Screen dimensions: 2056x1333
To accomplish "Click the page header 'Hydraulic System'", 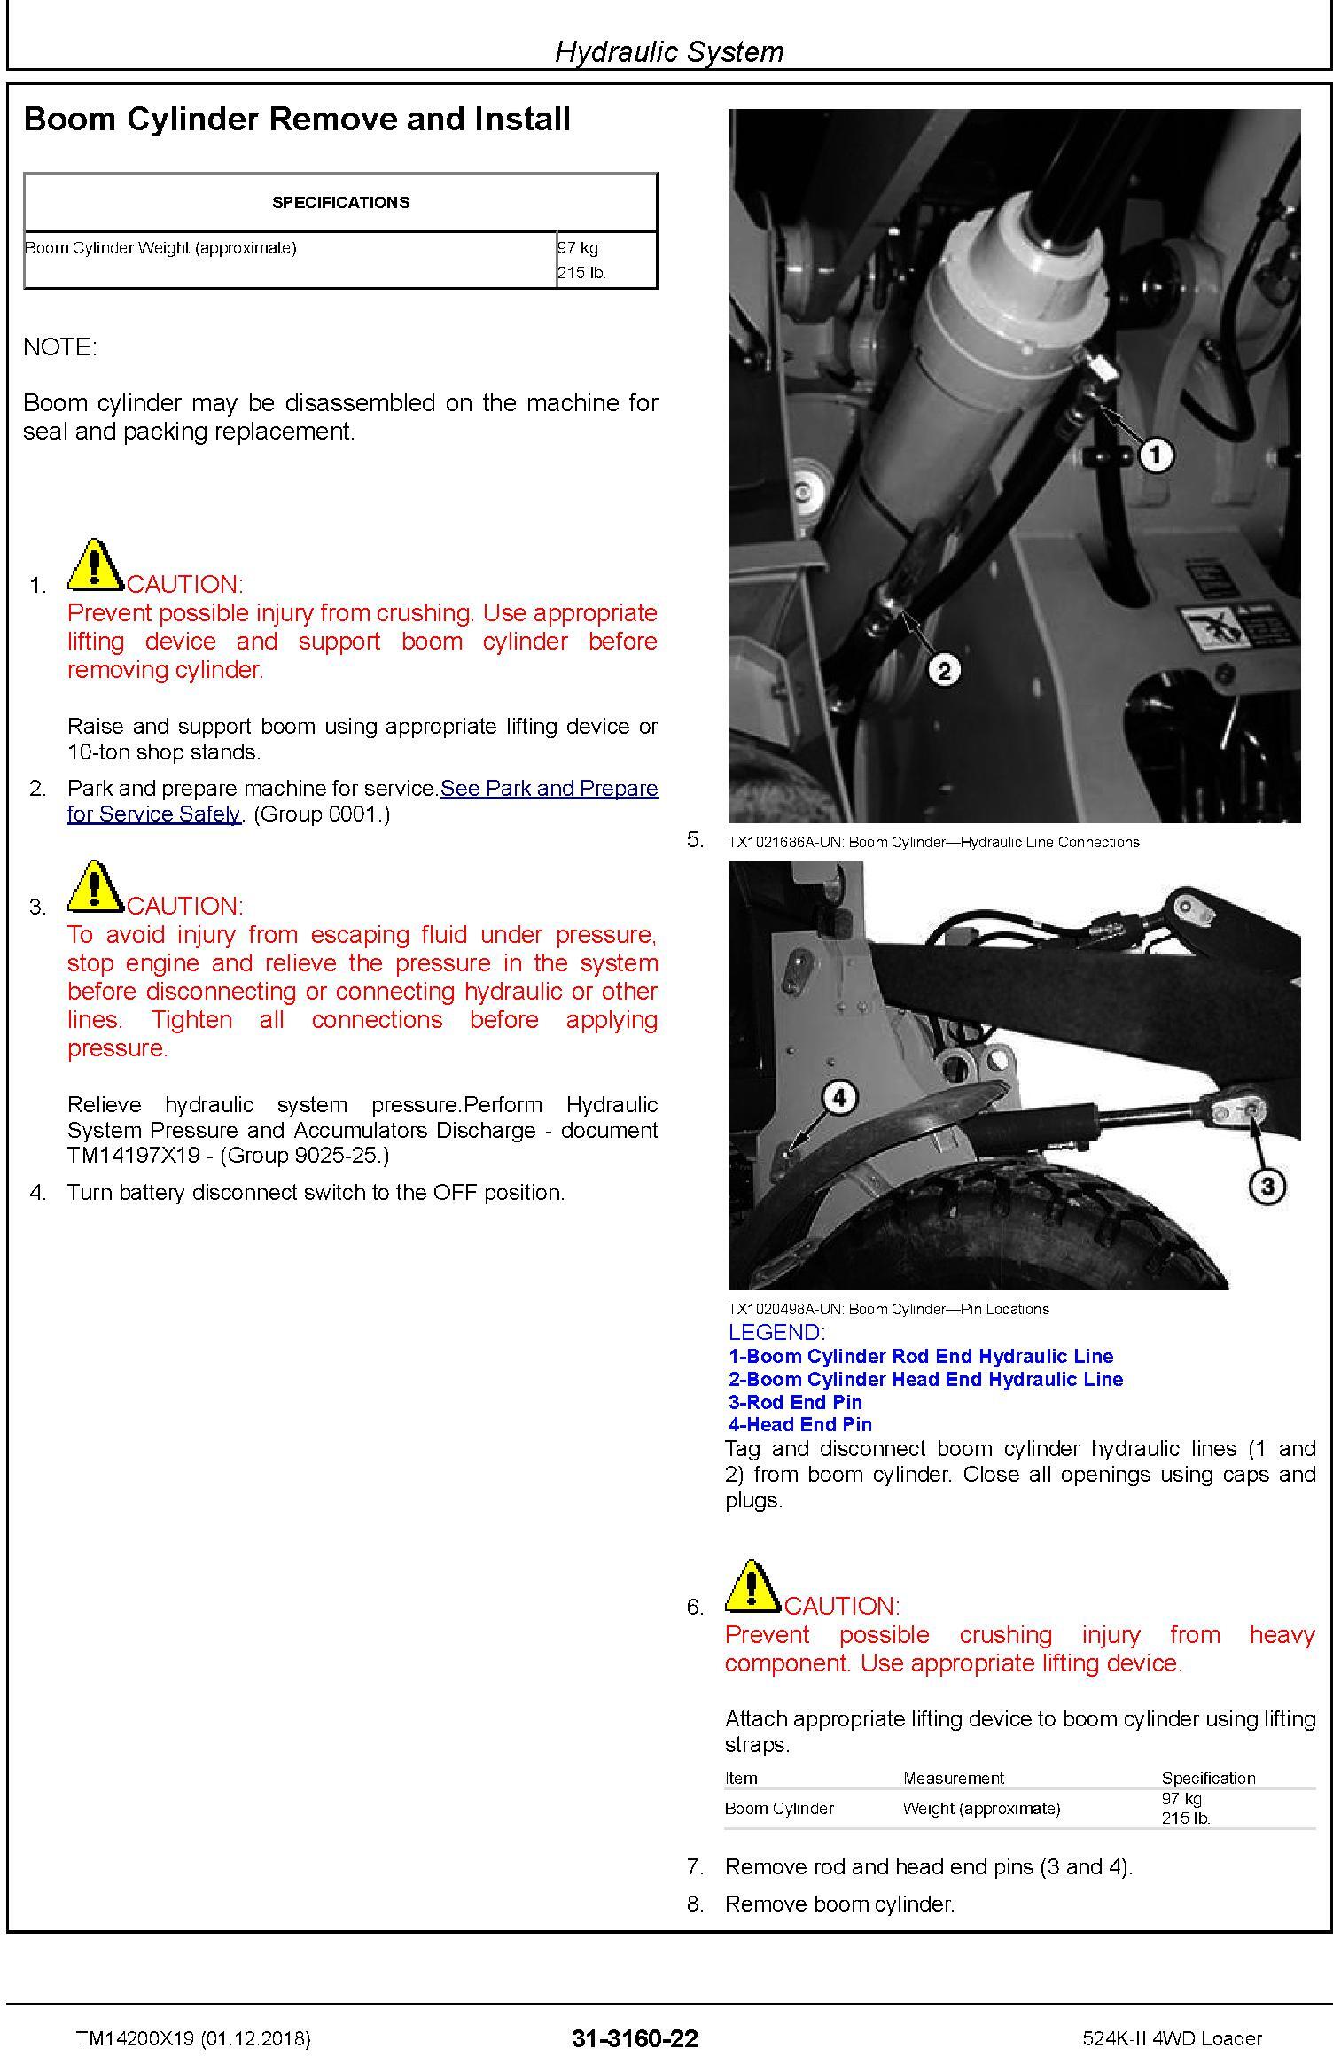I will coord(669,51).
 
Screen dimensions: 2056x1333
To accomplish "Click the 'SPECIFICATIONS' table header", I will coord(340,203).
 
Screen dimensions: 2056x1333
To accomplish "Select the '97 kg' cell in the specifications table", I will coord(578,248).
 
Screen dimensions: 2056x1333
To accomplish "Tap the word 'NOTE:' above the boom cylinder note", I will coord(60,347).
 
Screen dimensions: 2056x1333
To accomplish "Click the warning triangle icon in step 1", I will coord(95,566).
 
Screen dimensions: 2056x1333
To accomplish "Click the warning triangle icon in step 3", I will coord(95,887).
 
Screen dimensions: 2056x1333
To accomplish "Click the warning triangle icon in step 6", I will coord(752,1587).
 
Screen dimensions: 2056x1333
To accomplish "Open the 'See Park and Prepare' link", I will coord(549,789).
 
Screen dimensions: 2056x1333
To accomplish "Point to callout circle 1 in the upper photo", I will coord(1155,456).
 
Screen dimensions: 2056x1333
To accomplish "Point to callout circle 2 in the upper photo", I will coord(943,670).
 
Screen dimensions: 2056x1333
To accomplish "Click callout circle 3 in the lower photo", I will coord(1267,1186).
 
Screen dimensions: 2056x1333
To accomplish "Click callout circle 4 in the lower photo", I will coord(838,1099).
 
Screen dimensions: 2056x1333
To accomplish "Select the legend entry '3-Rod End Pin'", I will coord(795,1402).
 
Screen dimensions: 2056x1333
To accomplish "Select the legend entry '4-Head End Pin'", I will coord(800,1424).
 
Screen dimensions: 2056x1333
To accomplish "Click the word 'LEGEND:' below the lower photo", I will coord(776,1332).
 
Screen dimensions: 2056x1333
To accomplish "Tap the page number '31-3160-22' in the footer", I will coord(635,2039).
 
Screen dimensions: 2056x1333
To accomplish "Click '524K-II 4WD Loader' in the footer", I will coord(1172,2039).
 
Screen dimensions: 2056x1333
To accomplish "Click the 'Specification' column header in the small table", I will coord(1208,1778).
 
